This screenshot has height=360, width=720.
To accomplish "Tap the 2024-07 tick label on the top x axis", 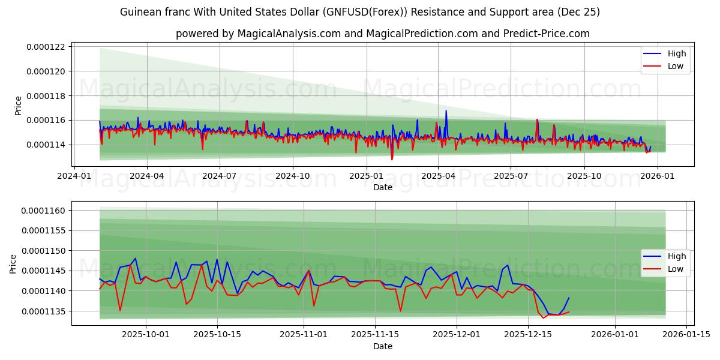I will click(219, 176).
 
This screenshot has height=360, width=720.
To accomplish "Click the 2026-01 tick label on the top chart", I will click(658, 176).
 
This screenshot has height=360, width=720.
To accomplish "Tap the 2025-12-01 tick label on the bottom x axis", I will click(457, 335).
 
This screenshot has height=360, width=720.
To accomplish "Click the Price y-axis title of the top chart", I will click(18, 105).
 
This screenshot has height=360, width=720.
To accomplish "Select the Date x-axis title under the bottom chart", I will click(383, 346).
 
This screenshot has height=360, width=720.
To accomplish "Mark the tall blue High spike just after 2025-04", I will click(446, 111).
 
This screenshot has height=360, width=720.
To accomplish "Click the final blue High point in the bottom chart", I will click(569, 298).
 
